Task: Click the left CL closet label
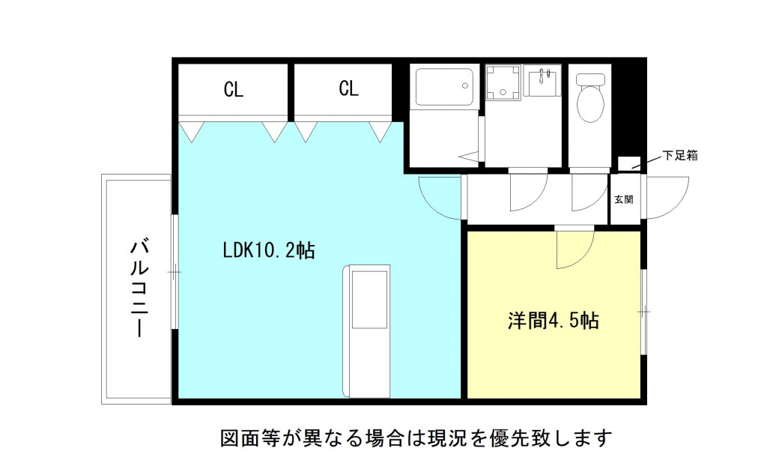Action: pos(234,90)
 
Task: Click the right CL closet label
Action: pos(348,89)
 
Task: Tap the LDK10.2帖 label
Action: pos(267,249)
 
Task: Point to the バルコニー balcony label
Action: pos(138,288)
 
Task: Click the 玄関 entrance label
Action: pos(624,199)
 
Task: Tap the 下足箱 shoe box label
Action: pos(680,157)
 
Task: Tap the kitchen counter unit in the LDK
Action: pos(368,330)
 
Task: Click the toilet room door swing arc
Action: pos(589,193)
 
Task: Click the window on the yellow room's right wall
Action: pos(643,311)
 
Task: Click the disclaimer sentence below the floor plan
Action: pos(416,437)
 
